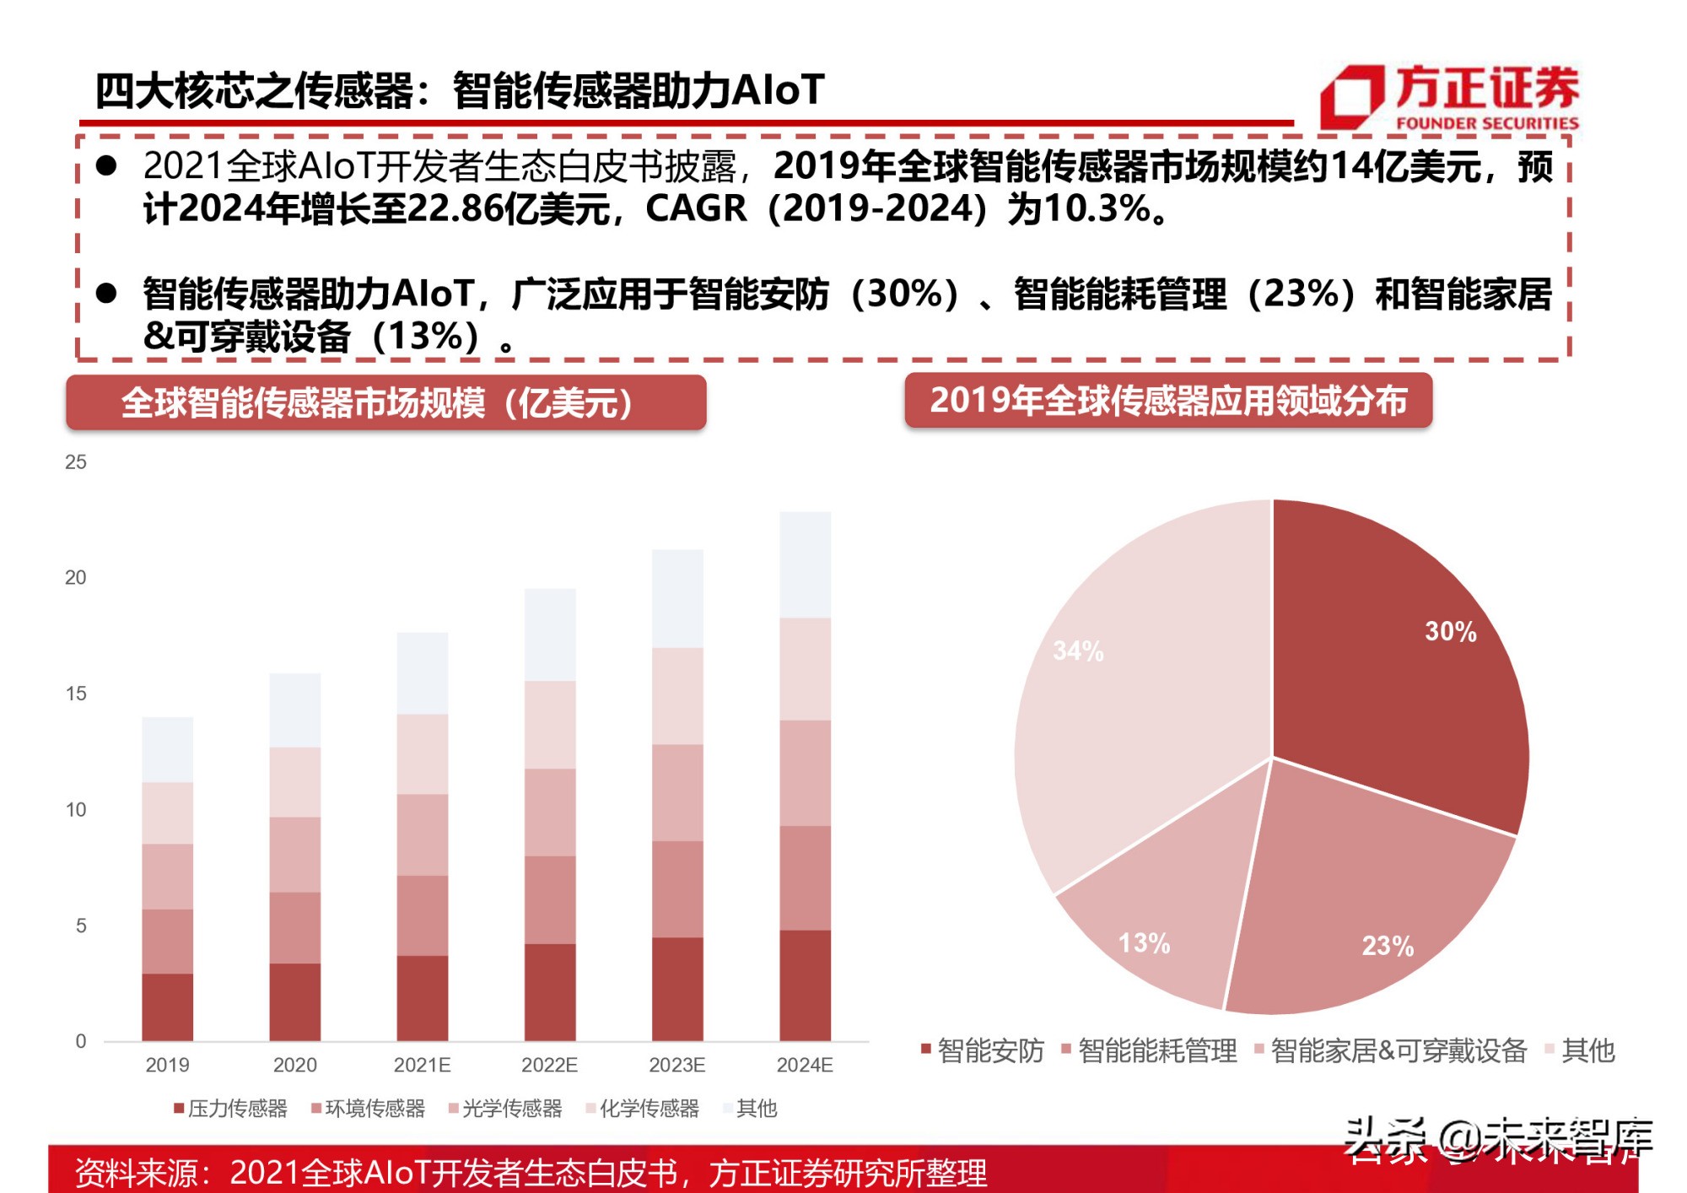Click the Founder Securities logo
coord(1449,96)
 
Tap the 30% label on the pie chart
coord(1450,631)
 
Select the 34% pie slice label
coord(1078,650)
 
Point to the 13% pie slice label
coord(1144,942)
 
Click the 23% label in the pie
coord(1388,946)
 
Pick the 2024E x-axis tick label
coord(804,1065)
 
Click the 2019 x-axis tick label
coord(167,1065)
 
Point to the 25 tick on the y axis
coord(76,462)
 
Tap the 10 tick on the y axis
coord(76,810)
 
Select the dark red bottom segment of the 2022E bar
coord(550,991)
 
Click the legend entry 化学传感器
coord(643,1108)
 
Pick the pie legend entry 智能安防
coord(984,1050)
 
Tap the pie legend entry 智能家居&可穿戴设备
coord(1392,1050)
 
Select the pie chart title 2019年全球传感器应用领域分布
coord(1168,400)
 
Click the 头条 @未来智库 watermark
coord(1497,1141)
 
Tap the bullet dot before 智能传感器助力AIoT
coord(106,294)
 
